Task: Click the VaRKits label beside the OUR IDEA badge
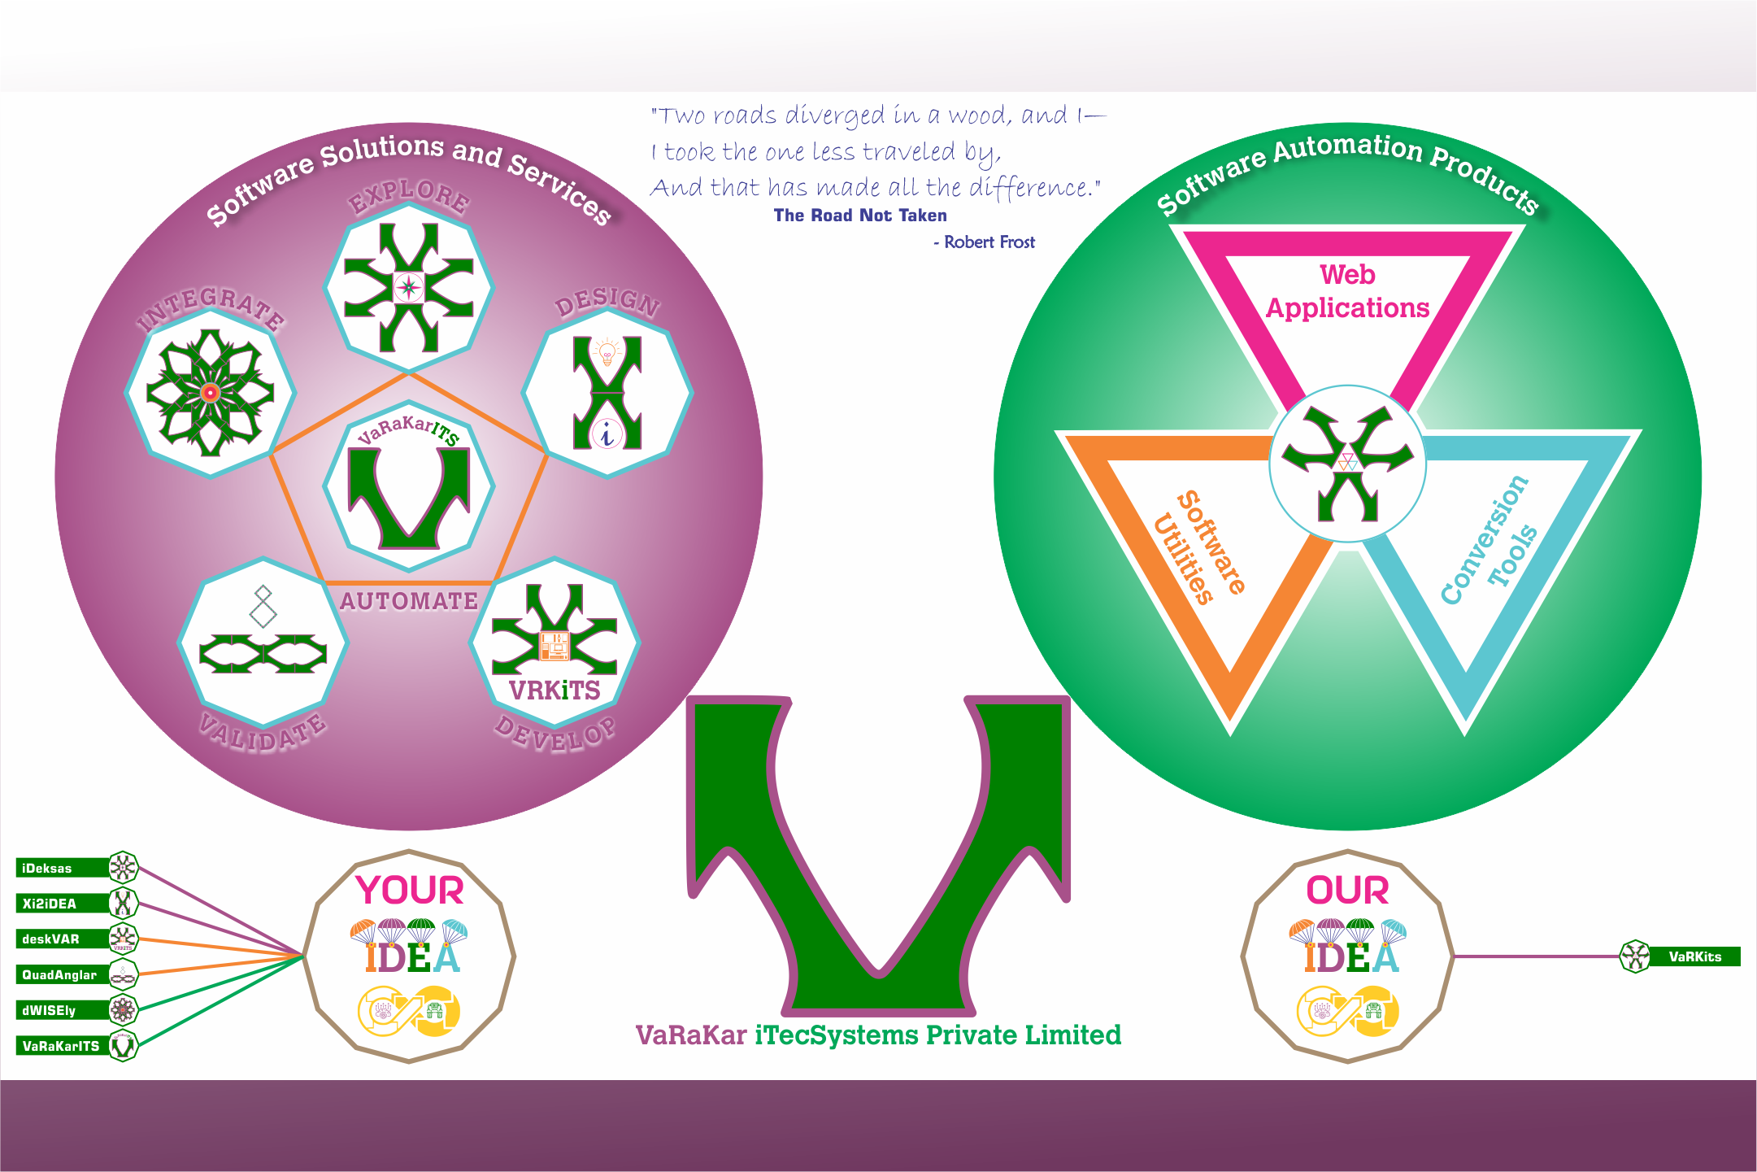[x=1694, y=956]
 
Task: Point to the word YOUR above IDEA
[x=409, y=890]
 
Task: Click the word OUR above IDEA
[x=1347, y=890]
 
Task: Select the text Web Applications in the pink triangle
[x=1347, y=291]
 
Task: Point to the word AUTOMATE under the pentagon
[x=409, y=601]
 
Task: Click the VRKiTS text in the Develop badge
[x=554, y=691]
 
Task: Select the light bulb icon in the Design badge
[x=607, y=353]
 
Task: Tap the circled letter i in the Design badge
[x=607, y=434]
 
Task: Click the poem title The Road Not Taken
[x=860, y=216]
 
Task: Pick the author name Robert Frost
[x=989, y=242]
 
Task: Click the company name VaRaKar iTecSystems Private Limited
[x=878, y=1035]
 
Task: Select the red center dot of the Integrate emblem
[x=211, y=393]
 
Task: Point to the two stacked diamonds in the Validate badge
[x=263, y=606]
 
